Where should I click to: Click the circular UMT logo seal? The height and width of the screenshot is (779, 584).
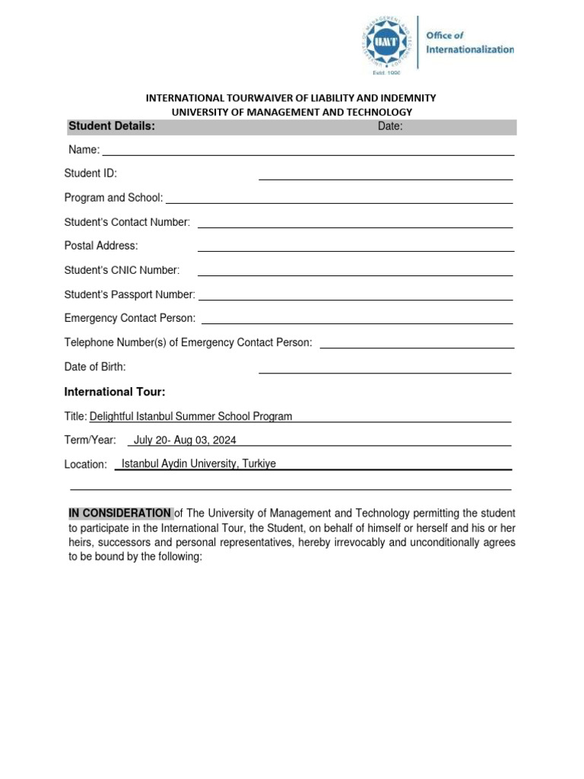pos(386,43)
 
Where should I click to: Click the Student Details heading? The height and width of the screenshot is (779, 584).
pos(112,126)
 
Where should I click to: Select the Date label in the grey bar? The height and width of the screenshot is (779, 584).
pos(390,126)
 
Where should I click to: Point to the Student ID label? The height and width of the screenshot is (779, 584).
pos(90,173)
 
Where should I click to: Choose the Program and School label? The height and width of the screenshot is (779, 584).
pos(113,198)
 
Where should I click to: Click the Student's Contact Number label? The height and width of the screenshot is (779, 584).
pos(127,222)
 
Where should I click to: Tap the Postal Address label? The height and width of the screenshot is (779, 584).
pos(101,246)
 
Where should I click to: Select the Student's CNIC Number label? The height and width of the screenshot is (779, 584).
pos(122,270)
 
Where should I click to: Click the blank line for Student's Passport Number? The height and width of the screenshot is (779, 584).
pos(355,297)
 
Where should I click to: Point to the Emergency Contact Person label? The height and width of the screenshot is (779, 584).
pos(130,318)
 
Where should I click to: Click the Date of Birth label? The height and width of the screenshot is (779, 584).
pos(95,367)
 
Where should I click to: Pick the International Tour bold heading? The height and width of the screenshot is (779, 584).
pos(114,392)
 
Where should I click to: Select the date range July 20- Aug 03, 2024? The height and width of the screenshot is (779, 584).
pos(185,440)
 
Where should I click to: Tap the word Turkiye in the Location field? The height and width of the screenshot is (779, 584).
pos(259,463)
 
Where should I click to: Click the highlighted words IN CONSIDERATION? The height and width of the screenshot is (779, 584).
pos(120,513)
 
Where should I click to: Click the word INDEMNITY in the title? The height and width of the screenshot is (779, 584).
pos(407,98)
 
